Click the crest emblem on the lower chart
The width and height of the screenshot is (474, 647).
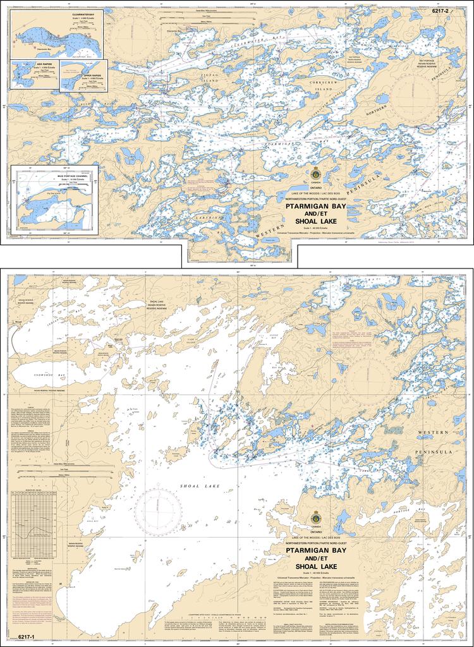[x=315, y=517]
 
